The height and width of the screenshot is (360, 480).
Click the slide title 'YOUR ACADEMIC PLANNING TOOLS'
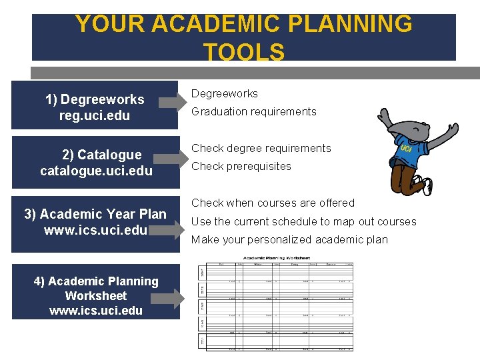pyautogui.click(x=243, y=37)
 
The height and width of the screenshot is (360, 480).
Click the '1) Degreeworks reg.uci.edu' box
pyautogui.click(x=95, y=107)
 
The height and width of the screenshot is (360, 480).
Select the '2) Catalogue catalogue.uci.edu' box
pyautogui.click(x=96, y=163)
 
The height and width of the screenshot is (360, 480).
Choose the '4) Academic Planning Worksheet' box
pyautogui.click(x=95, y=296)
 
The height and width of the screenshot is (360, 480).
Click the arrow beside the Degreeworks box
pyautogui.click(x=175, y=102)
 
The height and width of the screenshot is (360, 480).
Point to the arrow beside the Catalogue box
pyautogui.click(x=175, y=157)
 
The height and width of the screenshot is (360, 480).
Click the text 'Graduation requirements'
pyautogui.click(x=254, y=112)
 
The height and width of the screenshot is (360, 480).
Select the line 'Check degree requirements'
pyautogui.click(x=261, y=148)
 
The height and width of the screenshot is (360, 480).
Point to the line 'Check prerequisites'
pyautogui.click(x=241, y=166)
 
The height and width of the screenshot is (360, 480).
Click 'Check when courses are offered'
pyautogui.click(x=273, y=203)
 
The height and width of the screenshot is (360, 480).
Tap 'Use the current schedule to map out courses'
pyautogui.click(x=304, y=221)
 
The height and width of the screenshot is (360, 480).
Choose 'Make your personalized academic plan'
pyautogui.click(x=290, y=240)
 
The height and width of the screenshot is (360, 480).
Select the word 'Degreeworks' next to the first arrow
pyautogui.click(x=225, y=94)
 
